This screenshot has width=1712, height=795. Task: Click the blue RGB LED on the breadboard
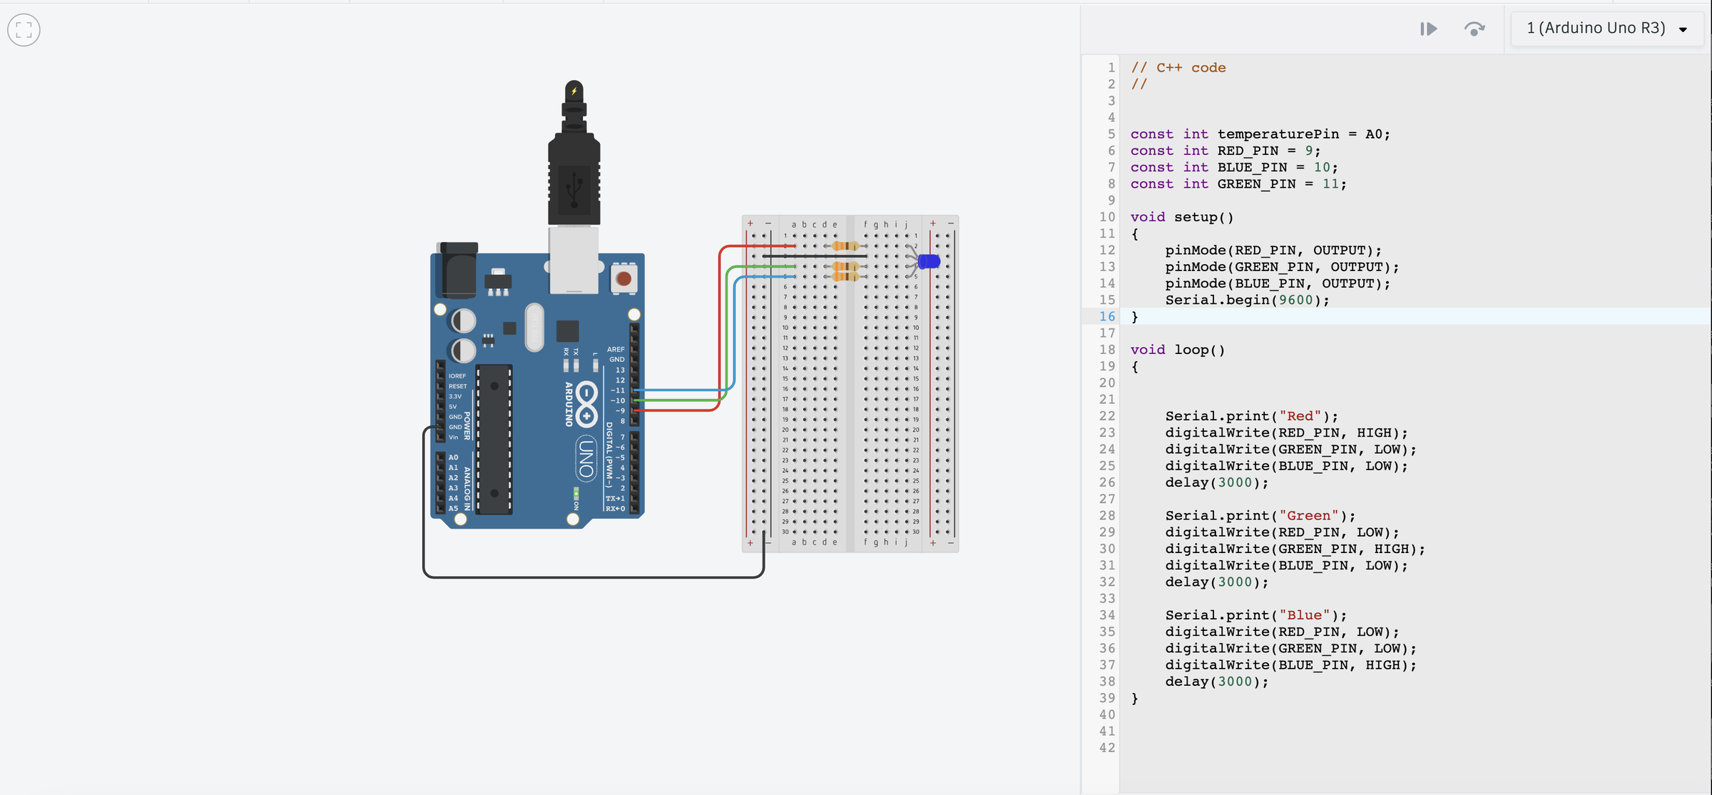click(928, 261)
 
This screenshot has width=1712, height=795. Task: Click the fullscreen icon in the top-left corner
click(24, 30)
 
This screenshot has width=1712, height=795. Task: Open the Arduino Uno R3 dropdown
click(1606, 29)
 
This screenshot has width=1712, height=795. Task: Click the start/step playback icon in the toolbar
click(1428, 29)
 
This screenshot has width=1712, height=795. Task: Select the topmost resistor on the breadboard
click(845, 246)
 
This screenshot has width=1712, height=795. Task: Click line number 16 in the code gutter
click(1106, 316)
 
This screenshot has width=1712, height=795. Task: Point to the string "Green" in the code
click(1308, 515)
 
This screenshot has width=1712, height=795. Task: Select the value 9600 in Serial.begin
click(1295, 300)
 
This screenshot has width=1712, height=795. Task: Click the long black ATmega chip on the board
click(494, 439)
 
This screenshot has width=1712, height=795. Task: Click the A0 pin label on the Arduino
click(453, 457)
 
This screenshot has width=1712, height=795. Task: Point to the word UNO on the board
click(586, 459)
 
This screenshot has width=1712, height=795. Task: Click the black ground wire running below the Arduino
click(592, 577)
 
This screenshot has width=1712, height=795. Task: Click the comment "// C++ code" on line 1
click(1178, 68)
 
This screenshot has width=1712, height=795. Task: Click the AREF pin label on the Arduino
click(615, 350)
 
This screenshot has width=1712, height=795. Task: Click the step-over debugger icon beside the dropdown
click(1474, 29)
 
